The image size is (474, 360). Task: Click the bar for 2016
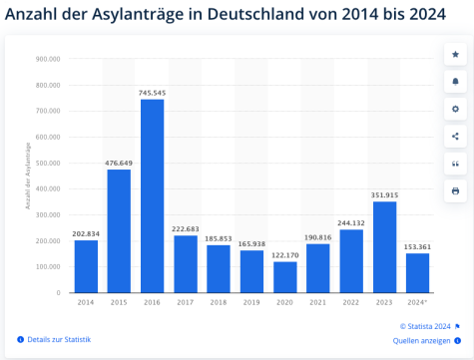pos(152,195)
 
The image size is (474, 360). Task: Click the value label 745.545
pos(152,93)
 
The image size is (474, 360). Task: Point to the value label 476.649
pos(119,163)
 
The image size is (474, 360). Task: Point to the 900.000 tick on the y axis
pos(48,59)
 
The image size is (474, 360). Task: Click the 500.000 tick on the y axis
pos(48,163)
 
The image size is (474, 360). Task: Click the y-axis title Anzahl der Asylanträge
pos(29,175)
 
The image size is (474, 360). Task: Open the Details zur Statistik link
pos(58,340)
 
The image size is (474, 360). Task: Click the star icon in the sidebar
pos(455,54)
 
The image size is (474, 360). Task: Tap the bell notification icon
pos(455,81)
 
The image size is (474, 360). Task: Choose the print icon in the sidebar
pos(455,190)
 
